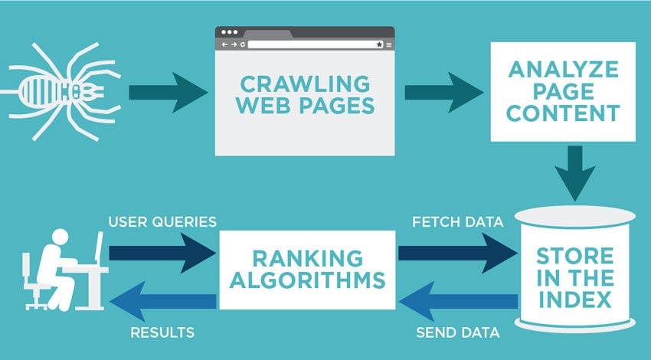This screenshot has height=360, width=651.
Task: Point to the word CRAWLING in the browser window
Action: pos(305,83)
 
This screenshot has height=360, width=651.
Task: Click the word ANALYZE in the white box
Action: pos(563,70)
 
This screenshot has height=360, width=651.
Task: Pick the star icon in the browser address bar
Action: pos(379,45)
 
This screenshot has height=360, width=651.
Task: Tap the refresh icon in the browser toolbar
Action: pos(243,45)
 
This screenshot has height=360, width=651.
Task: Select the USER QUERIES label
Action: pos(162,223)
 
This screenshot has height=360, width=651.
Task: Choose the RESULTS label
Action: pos(162,333)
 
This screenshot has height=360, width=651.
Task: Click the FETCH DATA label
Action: pos(457,223)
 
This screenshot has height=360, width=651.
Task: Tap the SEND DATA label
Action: pos(457,333)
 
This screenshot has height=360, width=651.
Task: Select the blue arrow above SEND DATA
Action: pos(459,299)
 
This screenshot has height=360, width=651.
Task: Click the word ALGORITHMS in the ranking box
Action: pos(307,280)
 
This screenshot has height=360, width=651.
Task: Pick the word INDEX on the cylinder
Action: pos(574,297)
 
